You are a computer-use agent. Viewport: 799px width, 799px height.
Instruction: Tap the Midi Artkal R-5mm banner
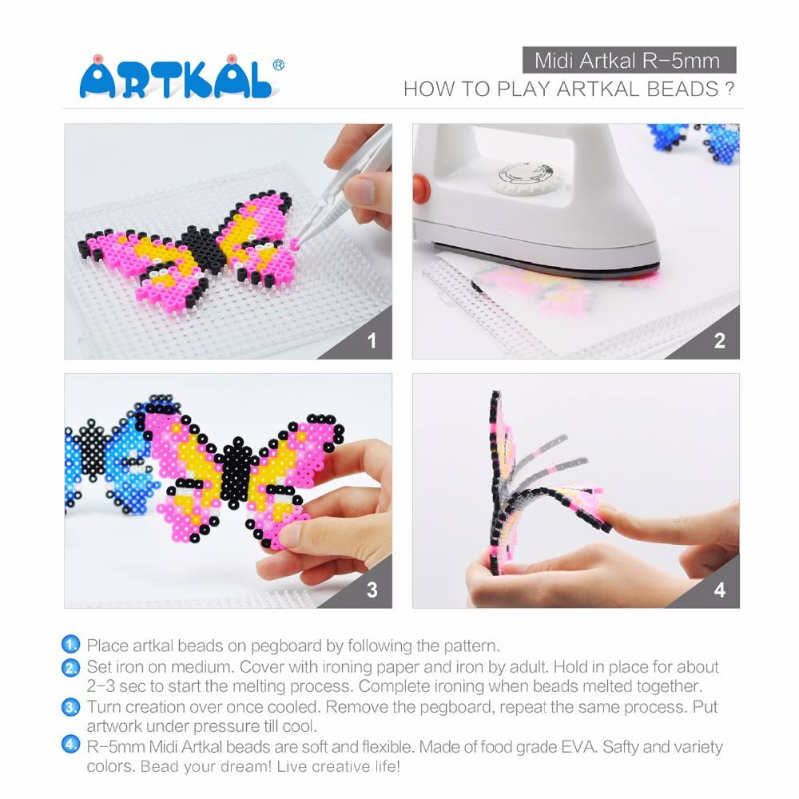pos(628,61)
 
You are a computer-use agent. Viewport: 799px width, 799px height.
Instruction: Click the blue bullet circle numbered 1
pos(72,645)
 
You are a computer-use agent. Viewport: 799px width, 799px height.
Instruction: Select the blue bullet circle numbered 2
pos(72,666)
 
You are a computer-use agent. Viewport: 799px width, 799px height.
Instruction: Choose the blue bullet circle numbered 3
pos(72,706)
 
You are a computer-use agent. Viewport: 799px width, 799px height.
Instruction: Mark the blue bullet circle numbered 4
pos(72,746)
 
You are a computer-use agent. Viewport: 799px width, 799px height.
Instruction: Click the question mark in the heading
pos(729,89)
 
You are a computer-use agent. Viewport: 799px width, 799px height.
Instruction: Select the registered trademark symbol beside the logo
pos(278,64)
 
